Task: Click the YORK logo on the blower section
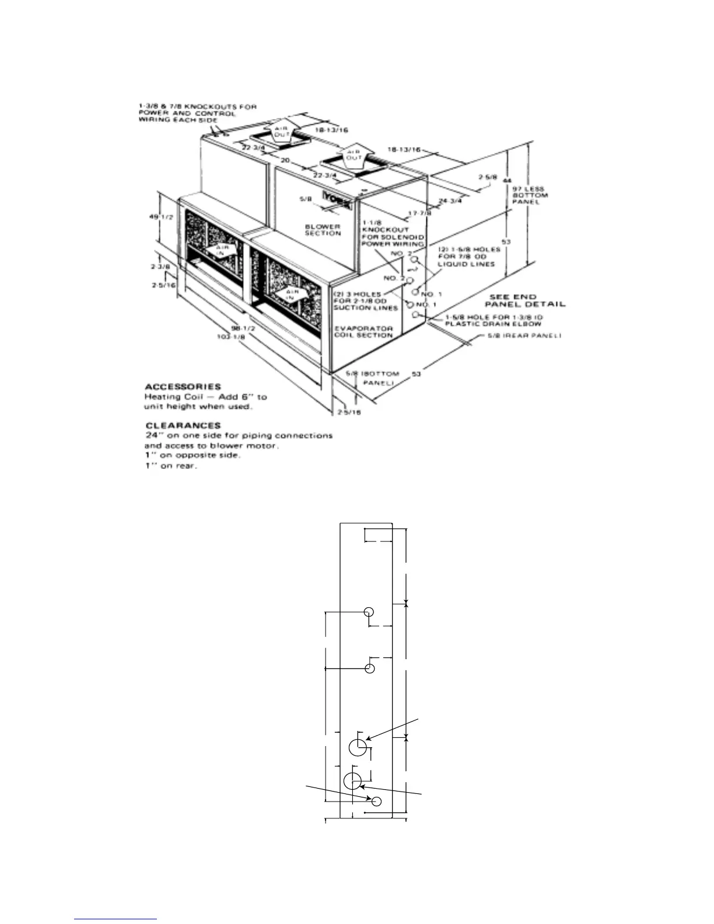click(338, 197)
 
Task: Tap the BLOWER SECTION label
click(323, 230)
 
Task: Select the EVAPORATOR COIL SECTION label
click(363, 331)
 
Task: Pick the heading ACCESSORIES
click(183, 386)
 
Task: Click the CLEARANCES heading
click(183, 425)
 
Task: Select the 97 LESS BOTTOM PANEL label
click(530, 195)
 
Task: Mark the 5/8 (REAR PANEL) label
click(524, 336)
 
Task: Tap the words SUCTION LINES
click(367, 307)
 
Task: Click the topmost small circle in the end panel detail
click(369, 612)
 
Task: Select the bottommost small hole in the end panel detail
click(377, 801)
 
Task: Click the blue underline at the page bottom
click(116, 919)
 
